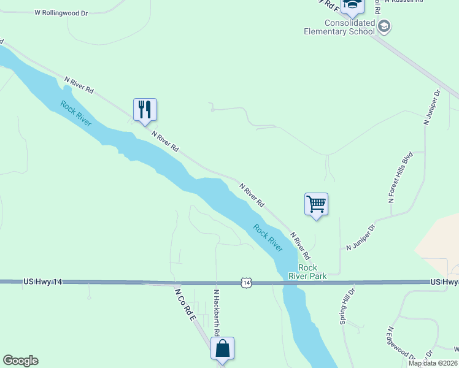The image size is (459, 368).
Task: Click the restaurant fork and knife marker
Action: (x=145, y=110)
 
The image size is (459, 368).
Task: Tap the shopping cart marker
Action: (x=316, y=204)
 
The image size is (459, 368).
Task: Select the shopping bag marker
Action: (x=223, y=348)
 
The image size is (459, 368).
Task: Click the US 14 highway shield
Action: (x=246, y=282)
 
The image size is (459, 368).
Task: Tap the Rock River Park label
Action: (x=307, y=272)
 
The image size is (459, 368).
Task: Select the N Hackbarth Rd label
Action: (x=217, y=313)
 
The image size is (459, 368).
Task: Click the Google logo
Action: (x=20, y=361)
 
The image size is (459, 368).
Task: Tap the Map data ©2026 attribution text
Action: (x=433, y=363)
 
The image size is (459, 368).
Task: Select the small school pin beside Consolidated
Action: (x=385, y=26)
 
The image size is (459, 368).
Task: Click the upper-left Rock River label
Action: (x=76, y=113)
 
